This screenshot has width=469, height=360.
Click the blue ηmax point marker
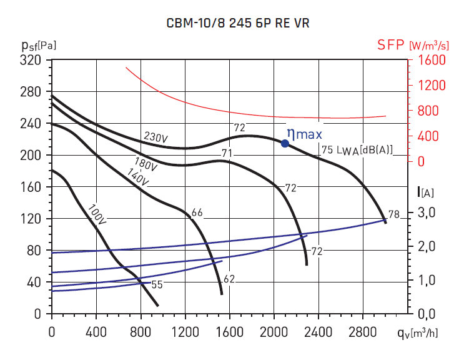click(285, 143)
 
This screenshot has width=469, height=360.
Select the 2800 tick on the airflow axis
click(364, 331)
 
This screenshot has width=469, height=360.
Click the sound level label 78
click(393, 214)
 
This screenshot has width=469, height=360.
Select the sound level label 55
click(157, 284)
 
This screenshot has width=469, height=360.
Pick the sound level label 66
click(197, 213)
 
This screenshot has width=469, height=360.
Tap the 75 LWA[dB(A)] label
click(357, 149)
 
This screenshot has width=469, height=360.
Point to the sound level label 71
click(227, 153)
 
